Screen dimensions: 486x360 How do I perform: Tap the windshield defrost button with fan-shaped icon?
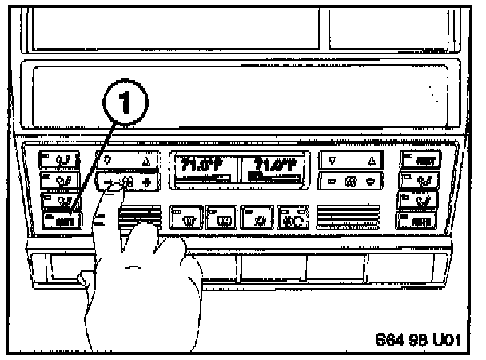pos(185,216)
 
